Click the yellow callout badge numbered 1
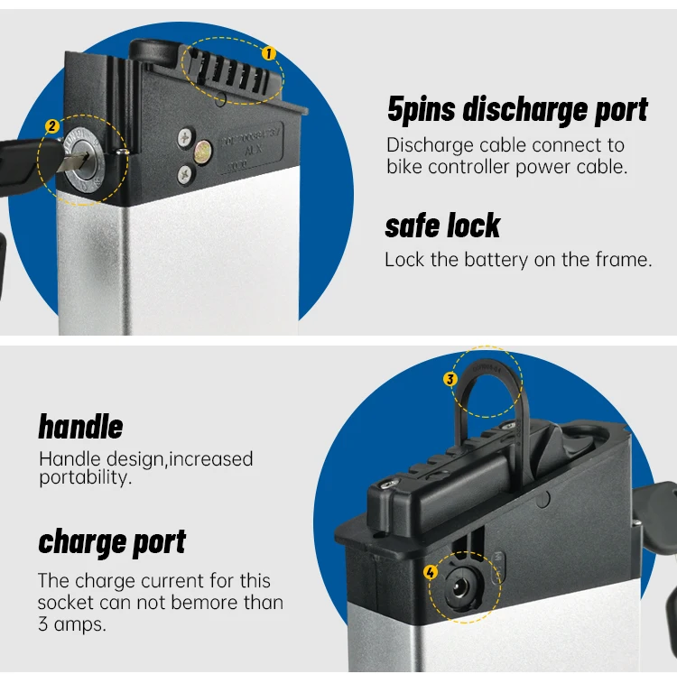pos(268,53)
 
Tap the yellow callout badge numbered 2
pos(52,127)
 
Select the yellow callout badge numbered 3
pos(450,379)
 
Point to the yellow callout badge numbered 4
pos(431,572)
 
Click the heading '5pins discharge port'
pos(517,110)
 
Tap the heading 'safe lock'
pos(442,226)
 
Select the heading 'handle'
pos(80,427)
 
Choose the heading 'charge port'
pos(112,541)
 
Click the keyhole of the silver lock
pos(84,159)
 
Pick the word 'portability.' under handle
pos(85,478)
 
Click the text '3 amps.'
pos(71,623)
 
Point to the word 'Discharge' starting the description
pos(428,145)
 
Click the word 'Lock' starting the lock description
pos(404,260)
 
